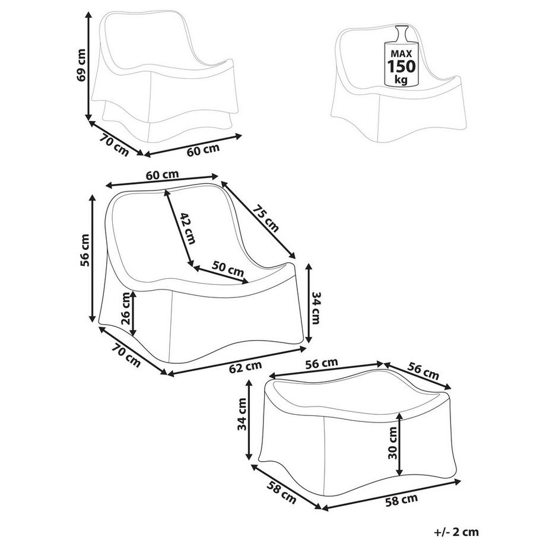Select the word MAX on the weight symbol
coord(402,53)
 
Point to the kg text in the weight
coord(402,78)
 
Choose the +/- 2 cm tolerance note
coord(456,532)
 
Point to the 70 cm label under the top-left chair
coord(115,145)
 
